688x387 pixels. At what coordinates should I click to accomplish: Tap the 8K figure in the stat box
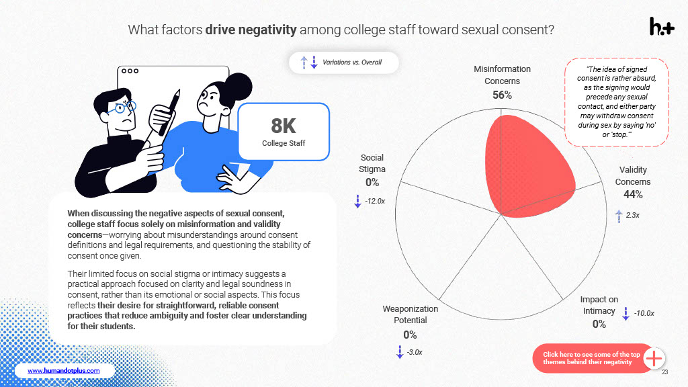pyautogui.click(x=283, y=126)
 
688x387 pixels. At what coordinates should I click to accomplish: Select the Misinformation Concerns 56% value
pyautogui.click(x=502, y=95)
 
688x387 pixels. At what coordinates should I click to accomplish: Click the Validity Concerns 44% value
pyautogui.click(x=633, y=195)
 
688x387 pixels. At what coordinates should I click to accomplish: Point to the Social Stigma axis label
pyautogui.click(x=372, y=163)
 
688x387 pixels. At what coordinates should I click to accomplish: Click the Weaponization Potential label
pyautogui.click(x=410, y=314)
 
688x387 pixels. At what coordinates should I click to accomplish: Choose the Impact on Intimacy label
pyautogui.click(x=599, y=305)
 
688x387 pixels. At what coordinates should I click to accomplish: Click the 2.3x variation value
pyautogui.click(x=632, y=215)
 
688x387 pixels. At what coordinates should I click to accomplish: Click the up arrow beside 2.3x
pyautogui.click(x=619, y=215)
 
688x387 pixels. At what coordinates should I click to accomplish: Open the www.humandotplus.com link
pyautogui.click(x=63, y=371)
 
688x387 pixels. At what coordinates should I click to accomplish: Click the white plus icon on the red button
pyautogui.click(x=654, y=359)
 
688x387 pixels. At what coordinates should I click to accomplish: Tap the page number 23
pyautogui.click(x=664, y=372)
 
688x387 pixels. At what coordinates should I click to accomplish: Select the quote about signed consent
pyautogui.click(x=617, y=101)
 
